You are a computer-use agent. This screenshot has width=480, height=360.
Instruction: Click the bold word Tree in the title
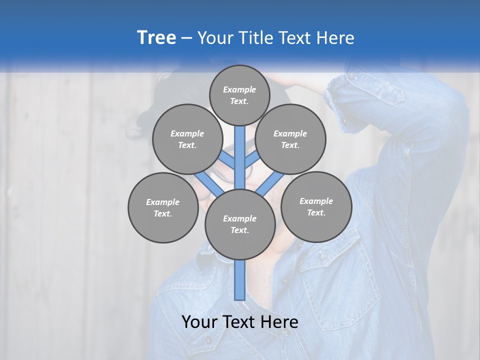(156, 37)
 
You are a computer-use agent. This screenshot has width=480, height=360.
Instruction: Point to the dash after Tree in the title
(186, 38)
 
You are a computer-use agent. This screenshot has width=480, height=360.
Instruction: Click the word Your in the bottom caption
(199, 321)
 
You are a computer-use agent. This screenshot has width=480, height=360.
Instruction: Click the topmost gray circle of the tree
(239, 95)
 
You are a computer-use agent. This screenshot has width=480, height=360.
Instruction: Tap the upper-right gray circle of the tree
(290, 139)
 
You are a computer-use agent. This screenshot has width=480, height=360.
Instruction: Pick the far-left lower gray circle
(162, 207)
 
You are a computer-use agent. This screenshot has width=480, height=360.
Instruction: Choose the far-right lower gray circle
(316, 206)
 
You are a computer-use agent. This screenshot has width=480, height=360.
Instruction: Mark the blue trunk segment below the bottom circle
(240, 280)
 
